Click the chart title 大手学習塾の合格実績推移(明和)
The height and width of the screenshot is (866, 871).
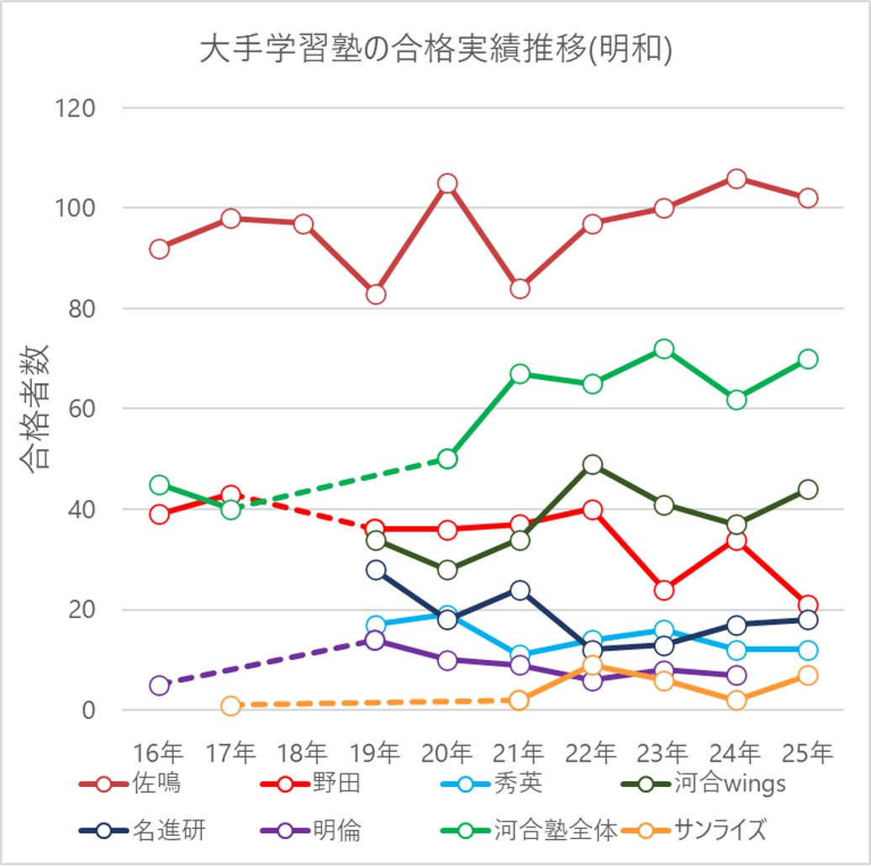(x=435, y=50)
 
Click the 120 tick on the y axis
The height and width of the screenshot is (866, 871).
(x=76, y=108)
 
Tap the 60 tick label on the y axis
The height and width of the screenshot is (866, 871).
(x=82, y=409)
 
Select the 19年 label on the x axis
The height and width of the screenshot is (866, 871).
(x=375, y=752)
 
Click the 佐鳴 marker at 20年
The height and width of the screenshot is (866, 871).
(x=447, y=183)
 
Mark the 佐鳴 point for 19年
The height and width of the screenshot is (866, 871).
(x=376, y=294)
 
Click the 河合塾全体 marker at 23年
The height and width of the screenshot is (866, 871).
(x=664, y=349)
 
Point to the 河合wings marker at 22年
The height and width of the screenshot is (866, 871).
(x=593, y=465)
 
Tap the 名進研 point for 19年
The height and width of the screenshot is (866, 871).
(x=376, y=570)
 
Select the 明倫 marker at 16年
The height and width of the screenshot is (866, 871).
(x=160, y=685)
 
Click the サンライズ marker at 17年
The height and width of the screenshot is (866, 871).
(x=232, y=705)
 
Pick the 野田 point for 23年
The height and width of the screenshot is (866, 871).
(x=664, y=590)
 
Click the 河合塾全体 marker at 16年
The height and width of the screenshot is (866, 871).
(x=160, y=485)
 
